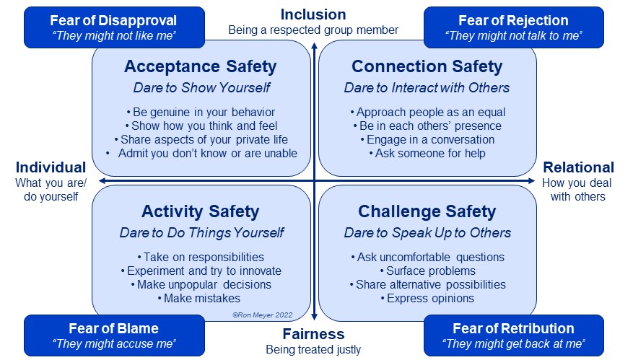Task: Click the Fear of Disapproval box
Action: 114,27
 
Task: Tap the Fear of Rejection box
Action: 513,27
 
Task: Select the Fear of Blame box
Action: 114,335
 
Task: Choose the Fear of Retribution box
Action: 513,335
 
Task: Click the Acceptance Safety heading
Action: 201,66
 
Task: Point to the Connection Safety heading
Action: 427,66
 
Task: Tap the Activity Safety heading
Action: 201,211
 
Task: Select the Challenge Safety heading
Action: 427,211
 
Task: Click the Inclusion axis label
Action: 313,14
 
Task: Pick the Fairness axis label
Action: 313,334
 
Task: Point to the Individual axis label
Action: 51,167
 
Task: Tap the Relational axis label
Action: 578,167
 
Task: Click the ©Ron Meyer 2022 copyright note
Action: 263,315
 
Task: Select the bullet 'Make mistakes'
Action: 199,298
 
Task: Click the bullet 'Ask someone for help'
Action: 427,154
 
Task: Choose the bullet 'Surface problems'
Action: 428,271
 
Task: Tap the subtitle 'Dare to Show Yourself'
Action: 202,87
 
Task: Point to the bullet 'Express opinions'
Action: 427,298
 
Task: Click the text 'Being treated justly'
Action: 313,349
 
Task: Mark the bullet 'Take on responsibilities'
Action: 201,257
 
